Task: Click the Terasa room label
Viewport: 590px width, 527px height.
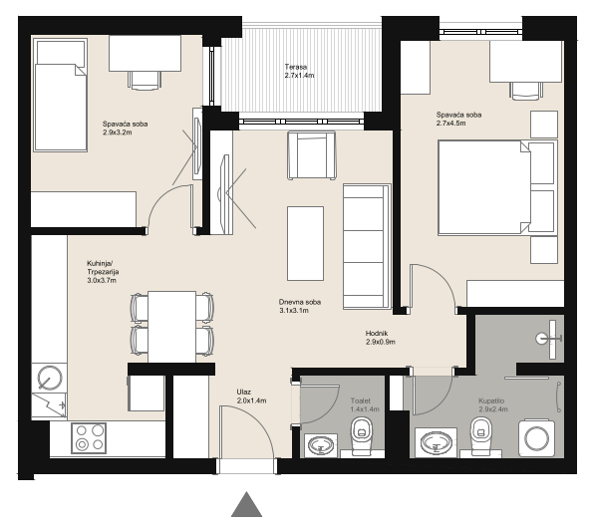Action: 299,71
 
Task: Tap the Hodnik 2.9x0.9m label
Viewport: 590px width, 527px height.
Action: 380,338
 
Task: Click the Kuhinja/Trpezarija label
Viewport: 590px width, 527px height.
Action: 103,272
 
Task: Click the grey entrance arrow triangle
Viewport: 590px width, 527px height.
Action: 246,504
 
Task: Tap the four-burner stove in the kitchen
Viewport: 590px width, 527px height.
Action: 89,438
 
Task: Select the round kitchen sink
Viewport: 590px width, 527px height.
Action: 51,378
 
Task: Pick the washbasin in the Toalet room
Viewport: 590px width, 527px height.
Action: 320,445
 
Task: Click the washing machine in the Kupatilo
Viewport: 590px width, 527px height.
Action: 536,438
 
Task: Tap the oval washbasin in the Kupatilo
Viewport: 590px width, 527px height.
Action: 437,443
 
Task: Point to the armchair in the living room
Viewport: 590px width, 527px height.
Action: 312,155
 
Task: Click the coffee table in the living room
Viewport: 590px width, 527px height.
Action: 305,243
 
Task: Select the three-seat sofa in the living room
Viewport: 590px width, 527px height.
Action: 367,246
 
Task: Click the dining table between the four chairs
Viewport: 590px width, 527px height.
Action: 172,327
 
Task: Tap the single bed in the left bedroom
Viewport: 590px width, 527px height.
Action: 61,95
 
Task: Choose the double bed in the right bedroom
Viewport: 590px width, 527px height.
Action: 497,187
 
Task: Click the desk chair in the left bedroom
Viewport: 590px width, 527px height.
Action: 145,81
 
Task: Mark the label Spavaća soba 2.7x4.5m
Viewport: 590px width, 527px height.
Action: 458,119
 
